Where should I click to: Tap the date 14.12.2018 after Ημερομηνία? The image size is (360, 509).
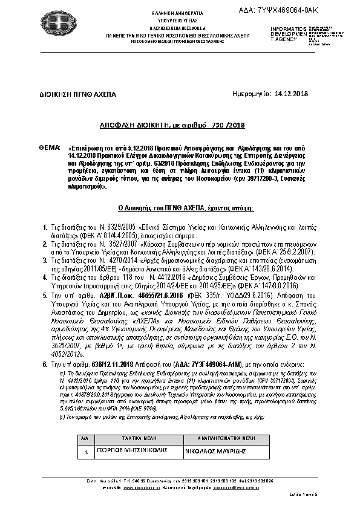[291, 94]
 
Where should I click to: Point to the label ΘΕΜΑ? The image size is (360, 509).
[49, 147]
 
